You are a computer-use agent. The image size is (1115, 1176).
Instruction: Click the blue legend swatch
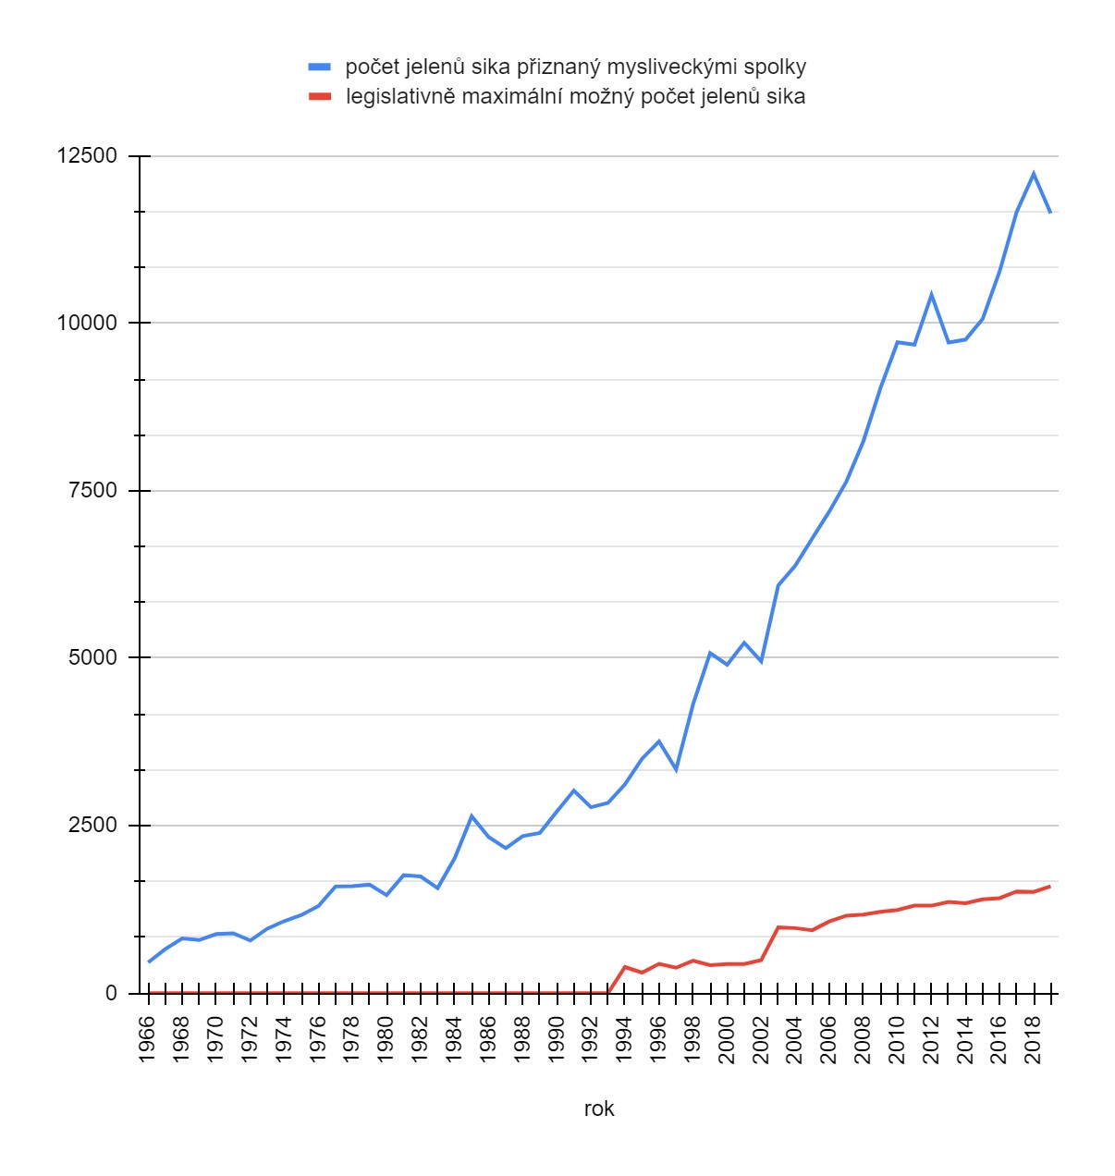[x=319, y=67]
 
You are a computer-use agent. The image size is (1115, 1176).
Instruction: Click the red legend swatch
[x=319, y=96]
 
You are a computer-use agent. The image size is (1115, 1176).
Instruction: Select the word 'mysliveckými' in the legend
[x=680, y=67]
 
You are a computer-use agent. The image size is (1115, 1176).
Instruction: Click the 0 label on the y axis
[x=112, y=993]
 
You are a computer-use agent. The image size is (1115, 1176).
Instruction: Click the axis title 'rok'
[x=599, y=1109]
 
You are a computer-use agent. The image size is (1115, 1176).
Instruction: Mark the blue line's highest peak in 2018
[x=1034, y=173]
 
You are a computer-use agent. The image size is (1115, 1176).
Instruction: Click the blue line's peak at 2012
[x=931, y=294]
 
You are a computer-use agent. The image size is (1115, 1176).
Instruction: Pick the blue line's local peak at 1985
[x=472, y=815]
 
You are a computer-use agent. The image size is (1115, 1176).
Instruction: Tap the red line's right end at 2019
[x=1050, y=886]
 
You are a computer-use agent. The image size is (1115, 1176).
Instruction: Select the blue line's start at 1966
[x=149, y=962]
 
